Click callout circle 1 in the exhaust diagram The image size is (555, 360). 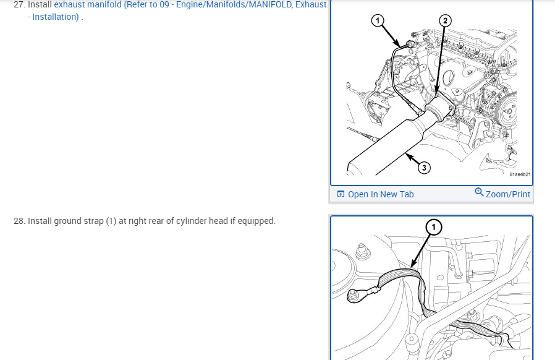(x=378, y=20)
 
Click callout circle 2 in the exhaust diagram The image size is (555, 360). (x=445, y=20)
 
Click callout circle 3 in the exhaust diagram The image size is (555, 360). (x=424, y=167)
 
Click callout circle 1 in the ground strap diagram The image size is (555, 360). (x=434, y=227)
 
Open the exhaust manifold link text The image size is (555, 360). (x=190, y=4)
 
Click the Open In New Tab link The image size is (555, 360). (x=381, y=194)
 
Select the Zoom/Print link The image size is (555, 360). (x=508, y=194)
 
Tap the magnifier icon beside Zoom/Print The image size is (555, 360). (x=479, y=192)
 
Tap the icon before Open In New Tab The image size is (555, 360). (x=341, y=194)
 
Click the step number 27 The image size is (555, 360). (x=19, y=4)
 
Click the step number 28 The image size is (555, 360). (x=19, y=221)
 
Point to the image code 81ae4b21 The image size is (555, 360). (x=520, y=174)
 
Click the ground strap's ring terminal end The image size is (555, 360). (x=354, y=296)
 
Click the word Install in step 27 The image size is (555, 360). (x=40, y=4)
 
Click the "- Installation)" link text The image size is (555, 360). (x=53, y=17)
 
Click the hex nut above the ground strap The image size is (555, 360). (x=362, y=251)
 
